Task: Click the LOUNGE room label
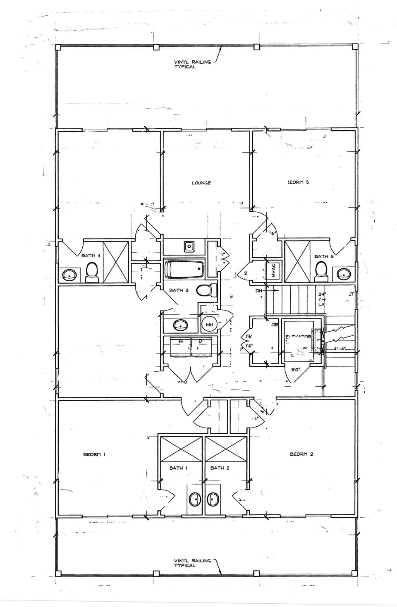pos(201,183)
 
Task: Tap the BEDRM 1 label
pos(94,454)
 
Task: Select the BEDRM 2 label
pos(301,454)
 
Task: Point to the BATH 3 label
pos(179,290)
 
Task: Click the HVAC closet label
pos(273,271)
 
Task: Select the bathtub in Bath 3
pos(184,269)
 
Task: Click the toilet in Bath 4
pos(91,272)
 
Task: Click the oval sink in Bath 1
pos(194,499)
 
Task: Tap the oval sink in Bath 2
pos(213,499)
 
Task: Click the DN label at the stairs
pos(259,291)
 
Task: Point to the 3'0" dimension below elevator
pos(295,370)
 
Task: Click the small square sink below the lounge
pos(189,247)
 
